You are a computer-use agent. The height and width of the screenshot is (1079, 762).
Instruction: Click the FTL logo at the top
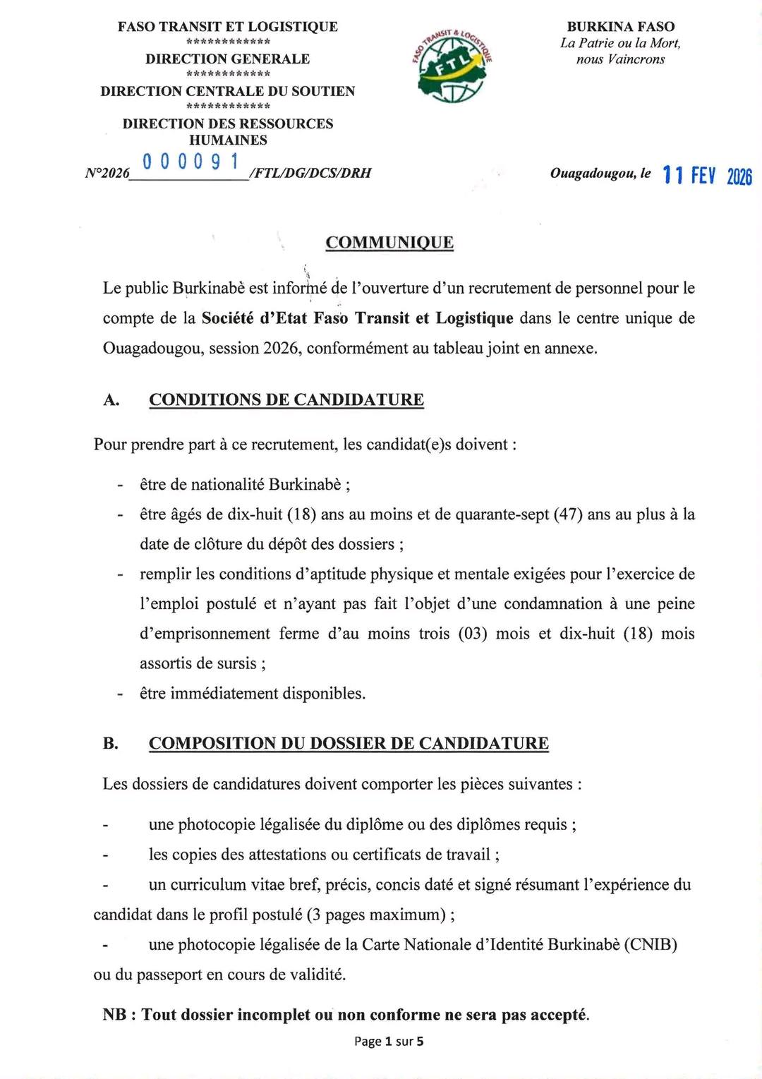click(x=452, y=67)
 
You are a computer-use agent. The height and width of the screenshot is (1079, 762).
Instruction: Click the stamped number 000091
click(x=190, y=162)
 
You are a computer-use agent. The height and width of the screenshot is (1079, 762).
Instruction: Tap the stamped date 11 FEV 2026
click(x=707, y=175)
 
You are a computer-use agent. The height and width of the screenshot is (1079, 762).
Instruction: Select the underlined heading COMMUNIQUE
click(x=389, y=243)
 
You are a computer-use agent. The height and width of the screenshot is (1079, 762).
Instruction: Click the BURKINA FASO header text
click(x=621, y=27)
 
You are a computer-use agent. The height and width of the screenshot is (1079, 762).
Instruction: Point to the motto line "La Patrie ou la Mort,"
click(x=621, y=43)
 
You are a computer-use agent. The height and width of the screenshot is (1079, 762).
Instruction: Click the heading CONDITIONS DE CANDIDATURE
click(x=286, y=399)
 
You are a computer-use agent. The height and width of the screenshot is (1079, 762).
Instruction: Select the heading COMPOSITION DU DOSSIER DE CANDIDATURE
click(x=349, y=743)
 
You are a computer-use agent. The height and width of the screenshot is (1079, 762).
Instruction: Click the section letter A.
click(x=111, y=400)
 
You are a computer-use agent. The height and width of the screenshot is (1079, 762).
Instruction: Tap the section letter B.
click(x=111, y=744)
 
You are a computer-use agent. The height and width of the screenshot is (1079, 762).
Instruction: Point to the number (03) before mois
click(x=473, y=634)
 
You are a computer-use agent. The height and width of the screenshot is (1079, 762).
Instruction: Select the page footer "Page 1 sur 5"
click(x=389, y=1041)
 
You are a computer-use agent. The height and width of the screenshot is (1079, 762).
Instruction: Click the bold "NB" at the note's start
click(x=114, y=1015)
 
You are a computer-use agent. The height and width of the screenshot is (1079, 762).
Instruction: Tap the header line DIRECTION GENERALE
click(x=227, y=59)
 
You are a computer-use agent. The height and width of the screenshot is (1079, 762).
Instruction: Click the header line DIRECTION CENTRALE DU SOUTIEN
click(x=227, y=91)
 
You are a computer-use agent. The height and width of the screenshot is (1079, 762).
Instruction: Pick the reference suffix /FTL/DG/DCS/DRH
click(x=310, y=173)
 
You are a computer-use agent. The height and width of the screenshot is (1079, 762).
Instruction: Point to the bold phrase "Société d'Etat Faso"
click(x=274, y=318)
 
